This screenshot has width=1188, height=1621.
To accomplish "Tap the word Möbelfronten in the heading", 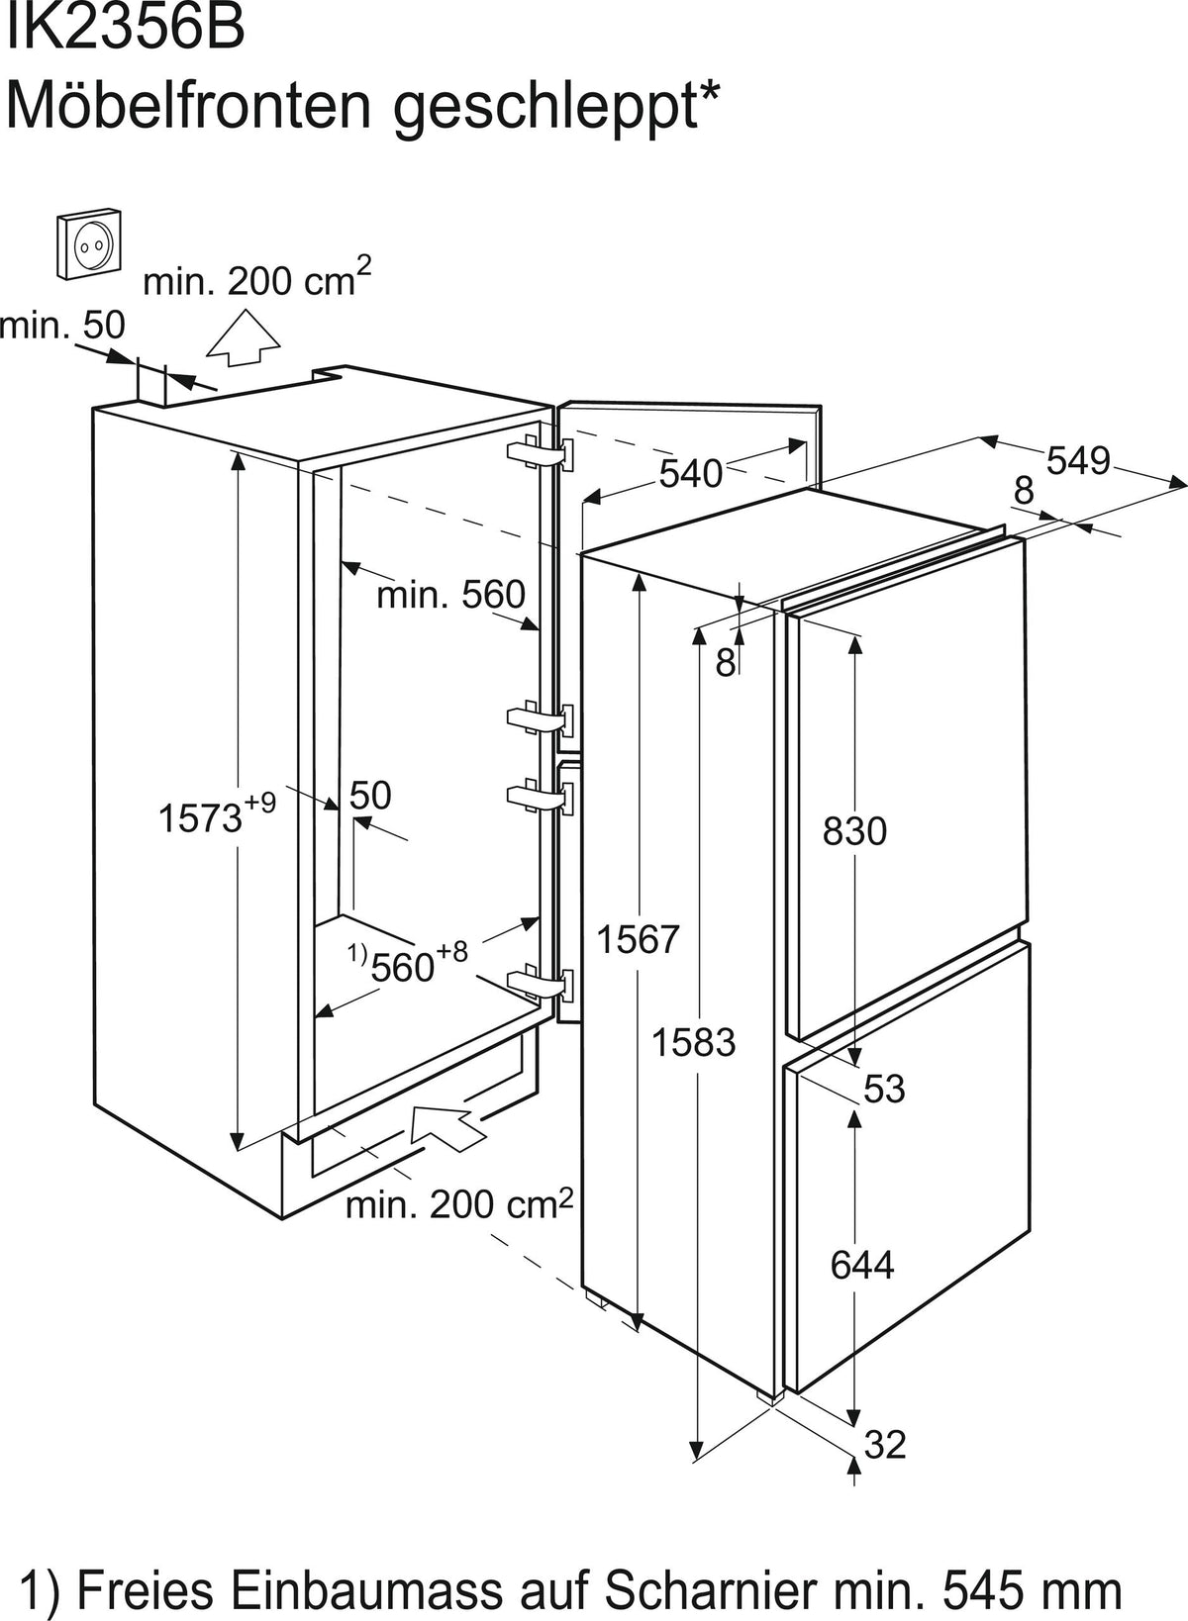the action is [187, 106].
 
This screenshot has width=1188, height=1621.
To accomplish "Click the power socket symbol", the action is [88, 243].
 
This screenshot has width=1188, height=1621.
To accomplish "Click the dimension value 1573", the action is [199, 818].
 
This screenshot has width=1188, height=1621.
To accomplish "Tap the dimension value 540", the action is [691, 473].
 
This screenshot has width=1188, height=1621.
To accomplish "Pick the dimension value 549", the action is [1078, 460].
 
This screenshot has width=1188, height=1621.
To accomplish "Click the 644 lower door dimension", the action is [862, 1266].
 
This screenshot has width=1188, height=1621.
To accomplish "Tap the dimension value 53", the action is [884, 1090].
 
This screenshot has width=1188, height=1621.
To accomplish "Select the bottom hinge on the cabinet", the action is [541, 984].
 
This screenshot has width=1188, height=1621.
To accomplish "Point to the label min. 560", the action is [451, 595].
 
